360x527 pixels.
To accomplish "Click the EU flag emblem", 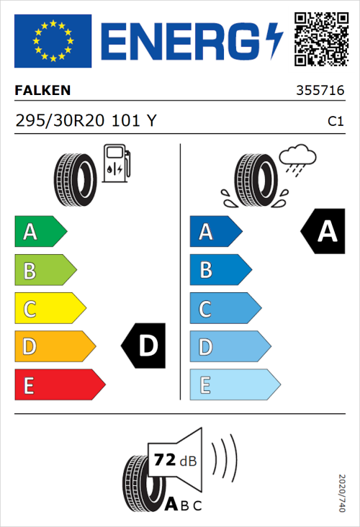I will (x=53, y=41).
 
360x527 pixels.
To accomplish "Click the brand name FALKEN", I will (x=42, y=91).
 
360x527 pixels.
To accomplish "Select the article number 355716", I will (x=320, y=91).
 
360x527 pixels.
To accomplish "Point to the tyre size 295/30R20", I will (x=60, y=121).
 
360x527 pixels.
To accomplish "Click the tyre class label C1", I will (x=335, y=122).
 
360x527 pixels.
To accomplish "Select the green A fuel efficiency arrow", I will (x=40, y=232).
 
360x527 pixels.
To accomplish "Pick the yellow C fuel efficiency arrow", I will (x=50, y=310).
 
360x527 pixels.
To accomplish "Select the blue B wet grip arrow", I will (x=220, y=271).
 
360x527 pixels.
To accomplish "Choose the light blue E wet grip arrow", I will (x=234, y=385).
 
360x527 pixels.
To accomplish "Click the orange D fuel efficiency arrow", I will (x=55, y=347).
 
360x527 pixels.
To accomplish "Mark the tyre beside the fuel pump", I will (x=75, y=174).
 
